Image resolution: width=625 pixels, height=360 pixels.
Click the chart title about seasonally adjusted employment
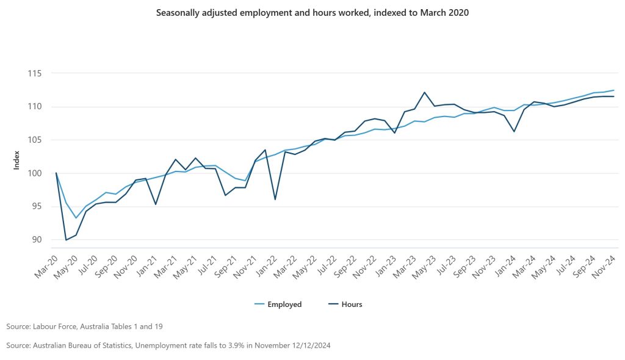pos(312,13)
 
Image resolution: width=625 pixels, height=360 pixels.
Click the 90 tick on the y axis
pos(35,239)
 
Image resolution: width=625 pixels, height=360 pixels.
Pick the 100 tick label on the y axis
pos(34,173)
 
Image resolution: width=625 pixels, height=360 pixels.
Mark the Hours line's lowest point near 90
pos(66,240)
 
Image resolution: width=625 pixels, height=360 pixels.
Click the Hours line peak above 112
pos(424,93)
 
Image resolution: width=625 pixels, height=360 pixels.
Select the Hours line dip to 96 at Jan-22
pos(275,200)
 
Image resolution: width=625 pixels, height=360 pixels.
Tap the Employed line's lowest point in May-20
pos(76,218)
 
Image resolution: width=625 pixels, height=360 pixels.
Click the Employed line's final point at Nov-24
pos(613,90)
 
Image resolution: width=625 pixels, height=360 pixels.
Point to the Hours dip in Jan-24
pos(514,131)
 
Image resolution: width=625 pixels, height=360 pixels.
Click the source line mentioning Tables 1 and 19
pos(84,326)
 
